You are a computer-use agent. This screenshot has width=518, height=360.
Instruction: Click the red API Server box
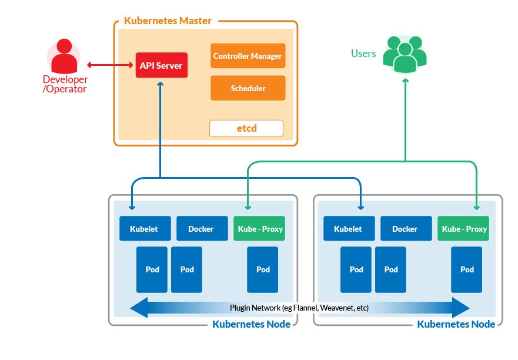(161, 65)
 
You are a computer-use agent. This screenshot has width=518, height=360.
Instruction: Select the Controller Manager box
(248, 56)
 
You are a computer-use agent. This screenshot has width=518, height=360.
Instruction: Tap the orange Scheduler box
(248, 88)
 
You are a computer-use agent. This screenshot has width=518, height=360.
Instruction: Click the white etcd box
(246, 128)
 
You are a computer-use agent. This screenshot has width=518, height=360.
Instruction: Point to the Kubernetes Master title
(168, 21)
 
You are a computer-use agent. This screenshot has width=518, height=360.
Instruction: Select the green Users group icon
(405, 54)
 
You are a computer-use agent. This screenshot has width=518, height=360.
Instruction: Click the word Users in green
(363, 54)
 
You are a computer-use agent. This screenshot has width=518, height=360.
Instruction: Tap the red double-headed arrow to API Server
(111, 65)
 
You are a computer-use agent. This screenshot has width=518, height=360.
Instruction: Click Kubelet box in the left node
(145, 228)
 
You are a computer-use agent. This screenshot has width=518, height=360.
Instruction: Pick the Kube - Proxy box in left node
(259, 228)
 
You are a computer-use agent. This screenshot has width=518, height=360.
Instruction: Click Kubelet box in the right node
(348, 228)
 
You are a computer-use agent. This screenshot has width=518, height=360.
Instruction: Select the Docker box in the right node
(405, 228)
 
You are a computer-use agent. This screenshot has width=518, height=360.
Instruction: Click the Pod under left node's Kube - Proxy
(263, 269)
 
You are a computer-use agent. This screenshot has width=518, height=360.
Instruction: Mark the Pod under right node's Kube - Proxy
(467, 269)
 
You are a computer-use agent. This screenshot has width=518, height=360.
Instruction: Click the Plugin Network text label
(299, 308)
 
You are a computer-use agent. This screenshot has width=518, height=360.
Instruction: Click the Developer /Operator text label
(65, 84)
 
